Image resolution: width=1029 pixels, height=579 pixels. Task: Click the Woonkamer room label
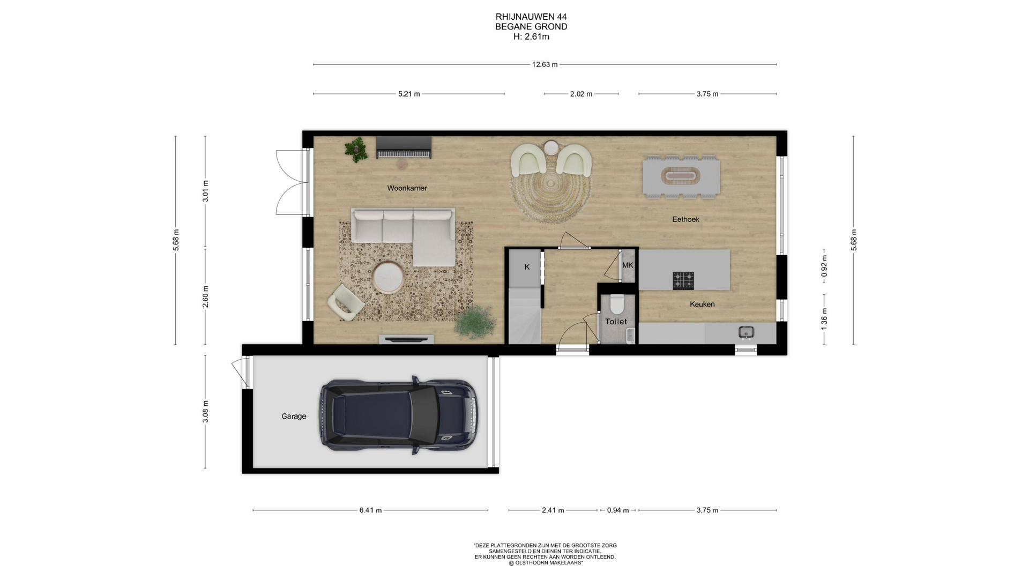coord(407,188)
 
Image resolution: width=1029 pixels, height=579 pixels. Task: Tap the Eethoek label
coord(685,219)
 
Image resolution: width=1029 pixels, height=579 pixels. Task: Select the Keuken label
coord(702,304)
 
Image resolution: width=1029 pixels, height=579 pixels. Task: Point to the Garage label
coord(294,416)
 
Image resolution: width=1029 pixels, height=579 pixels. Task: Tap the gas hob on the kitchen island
coord(683,280)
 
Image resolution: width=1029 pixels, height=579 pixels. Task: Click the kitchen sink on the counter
coord(745,333)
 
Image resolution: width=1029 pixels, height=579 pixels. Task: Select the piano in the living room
coord(404,147)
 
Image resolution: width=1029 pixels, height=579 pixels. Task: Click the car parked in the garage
coord(398,415)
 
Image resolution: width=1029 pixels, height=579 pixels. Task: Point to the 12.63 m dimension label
coord(545,64)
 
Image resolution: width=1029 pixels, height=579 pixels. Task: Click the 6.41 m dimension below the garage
coord(370,510)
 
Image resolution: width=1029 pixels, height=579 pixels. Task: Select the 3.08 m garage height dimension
coord(205,412)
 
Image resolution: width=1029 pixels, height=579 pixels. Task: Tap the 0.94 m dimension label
coord(618,510)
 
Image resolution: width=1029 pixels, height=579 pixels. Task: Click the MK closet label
coord(628,265)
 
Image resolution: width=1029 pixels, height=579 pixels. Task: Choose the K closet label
coord(527,267)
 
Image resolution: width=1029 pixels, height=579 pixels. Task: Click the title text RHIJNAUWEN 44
coord(531,17)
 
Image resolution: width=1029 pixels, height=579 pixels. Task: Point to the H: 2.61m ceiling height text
coord(531,37)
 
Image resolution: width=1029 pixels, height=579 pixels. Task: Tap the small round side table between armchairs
coord(551,147)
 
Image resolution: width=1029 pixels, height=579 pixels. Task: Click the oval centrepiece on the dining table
coord(681,176)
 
